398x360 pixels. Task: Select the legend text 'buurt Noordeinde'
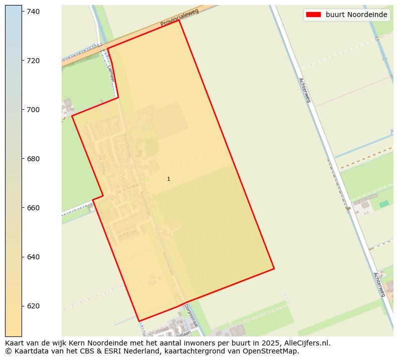[x=356, y=15]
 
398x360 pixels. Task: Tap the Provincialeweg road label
[x=179, y=18]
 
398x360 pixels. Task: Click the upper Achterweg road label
[x=305, y=90]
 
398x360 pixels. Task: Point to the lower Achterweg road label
[x=379, y=284]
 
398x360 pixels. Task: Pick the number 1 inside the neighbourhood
[x=168, y=179]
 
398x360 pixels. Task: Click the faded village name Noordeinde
[x=132, y=167]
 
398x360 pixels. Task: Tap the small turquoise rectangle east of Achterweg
[x=384, y=204]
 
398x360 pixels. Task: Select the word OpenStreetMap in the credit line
[x=275, y=351]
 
